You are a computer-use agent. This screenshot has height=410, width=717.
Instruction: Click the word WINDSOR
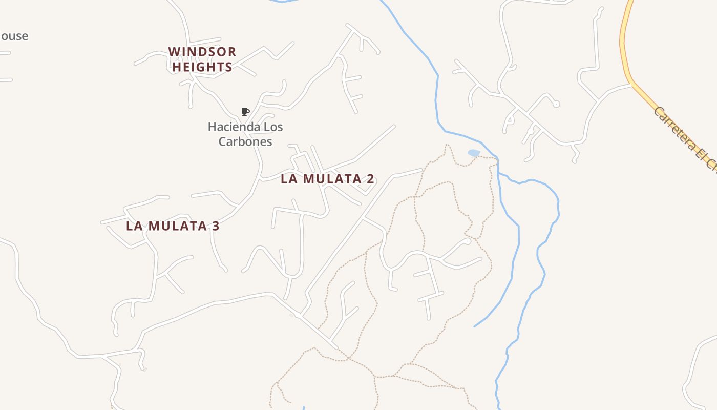202,52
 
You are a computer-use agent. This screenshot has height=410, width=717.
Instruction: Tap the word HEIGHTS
202,67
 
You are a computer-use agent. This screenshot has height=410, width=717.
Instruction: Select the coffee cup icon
245,112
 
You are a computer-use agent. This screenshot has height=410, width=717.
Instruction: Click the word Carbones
245,142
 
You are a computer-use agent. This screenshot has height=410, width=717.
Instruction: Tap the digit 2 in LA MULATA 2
370,179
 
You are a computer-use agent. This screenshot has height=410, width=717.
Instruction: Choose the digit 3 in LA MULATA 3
215,226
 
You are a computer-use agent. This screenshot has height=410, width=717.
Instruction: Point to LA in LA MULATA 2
289,179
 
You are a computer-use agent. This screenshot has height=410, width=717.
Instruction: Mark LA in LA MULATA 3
135,226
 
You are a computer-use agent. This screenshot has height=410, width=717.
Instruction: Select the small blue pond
474,153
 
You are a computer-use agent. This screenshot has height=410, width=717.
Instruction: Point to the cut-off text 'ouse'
14,36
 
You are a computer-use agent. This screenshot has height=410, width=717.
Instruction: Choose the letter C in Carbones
223,142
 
